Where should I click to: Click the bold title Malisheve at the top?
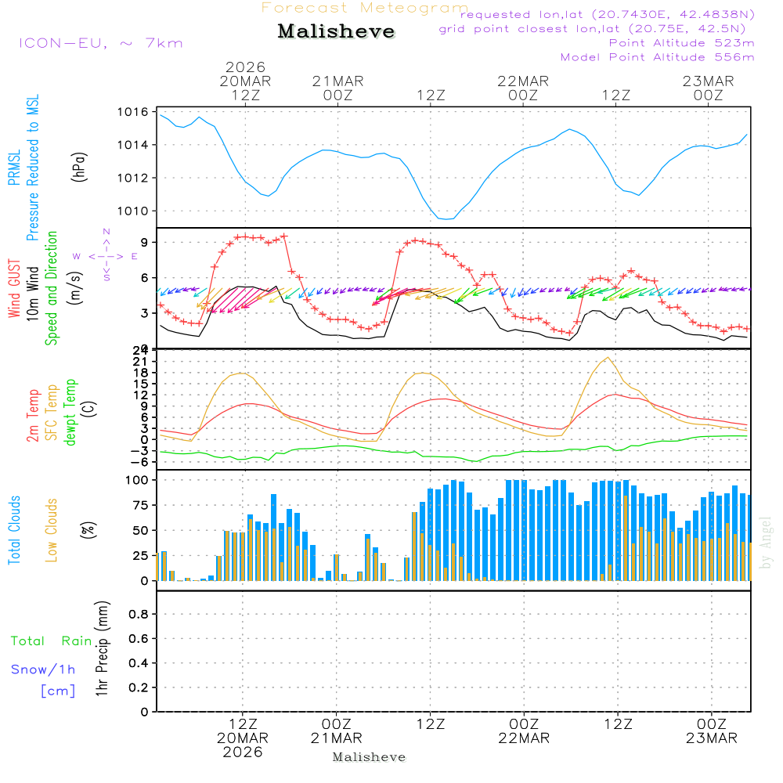coord(336,32)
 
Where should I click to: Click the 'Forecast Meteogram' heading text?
coord(365,8)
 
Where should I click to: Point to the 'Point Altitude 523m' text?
coord(681,43)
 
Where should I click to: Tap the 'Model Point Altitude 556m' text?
coord(658,57)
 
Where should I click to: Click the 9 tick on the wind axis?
coord(144,242)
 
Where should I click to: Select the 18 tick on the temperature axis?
coord(141,372)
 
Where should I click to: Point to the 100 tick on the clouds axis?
coord(137,480)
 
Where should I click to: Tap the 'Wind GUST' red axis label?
coord(14,288)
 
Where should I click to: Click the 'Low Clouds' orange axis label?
coord(52,530)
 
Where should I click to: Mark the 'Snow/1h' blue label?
coord(43,669)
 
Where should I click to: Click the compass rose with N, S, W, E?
coord(106,255)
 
